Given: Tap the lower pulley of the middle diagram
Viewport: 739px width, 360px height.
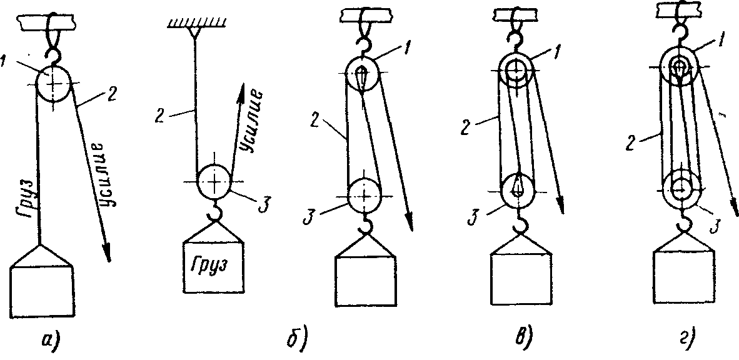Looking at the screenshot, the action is pos(363,196).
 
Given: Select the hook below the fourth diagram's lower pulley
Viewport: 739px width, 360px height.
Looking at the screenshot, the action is pos(520,223).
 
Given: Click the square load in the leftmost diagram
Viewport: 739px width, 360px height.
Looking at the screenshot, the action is pos(43,292).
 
